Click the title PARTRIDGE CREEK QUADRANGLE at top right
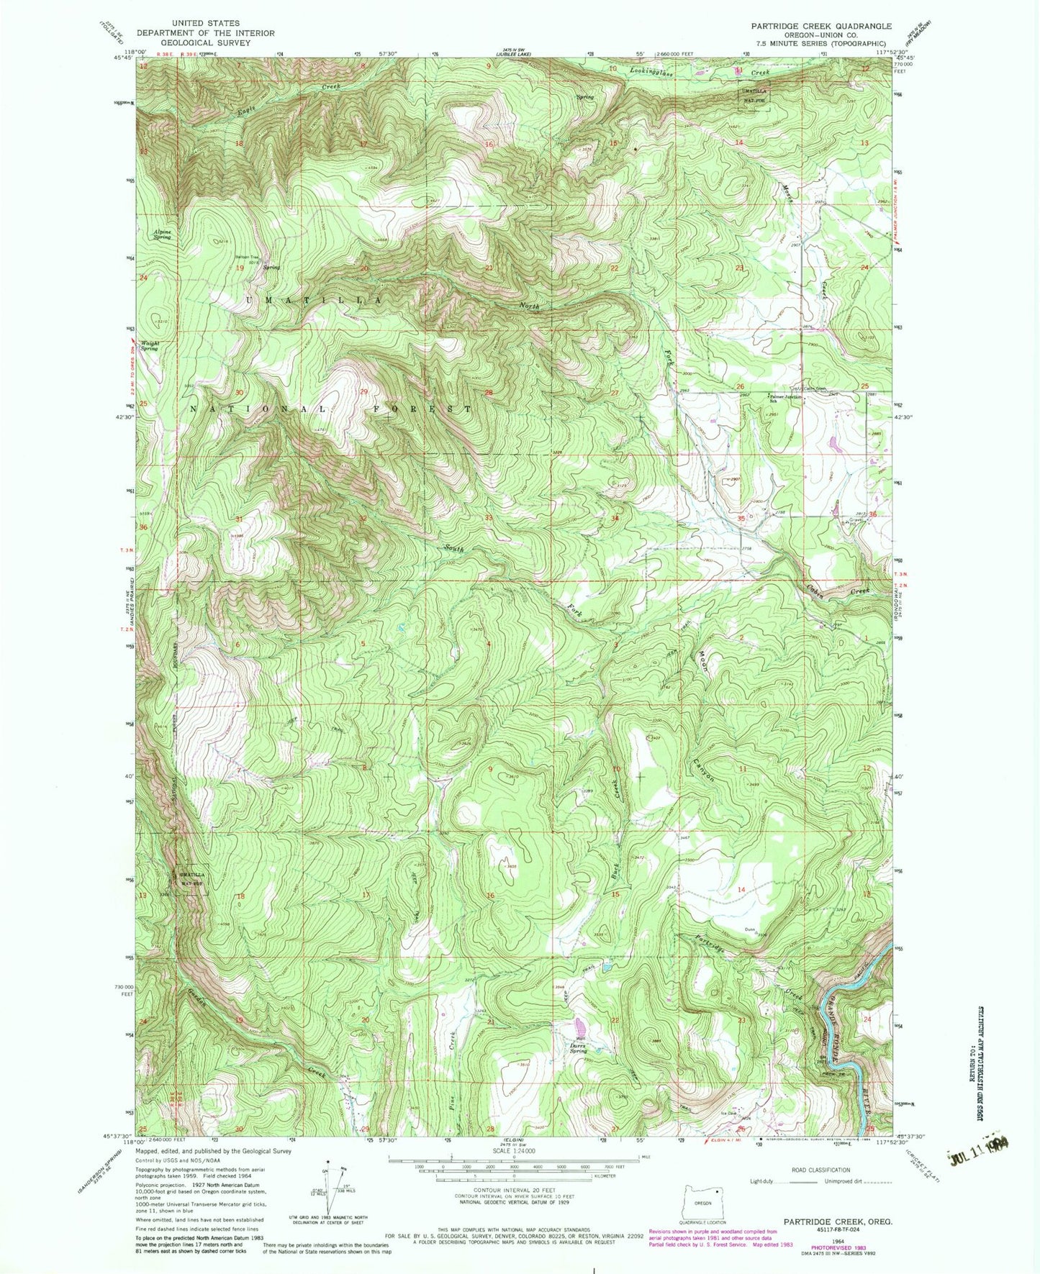click(x=821, y=26)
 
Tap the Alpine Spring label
click(x=162, y=234)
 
